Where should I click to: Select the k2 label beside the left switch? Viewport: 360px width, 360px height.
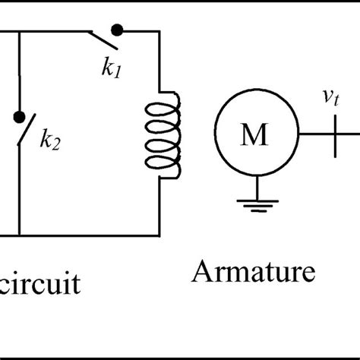click(x=50, y=140)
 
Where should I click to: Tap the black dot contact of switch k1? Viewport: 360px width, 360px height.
click(x=117, y=30)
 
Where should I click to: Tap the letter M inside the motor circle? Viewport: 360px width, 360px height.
click(x=254, y=136)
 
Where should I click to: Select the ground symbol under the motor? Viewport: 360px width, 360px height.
click(x=255, y=201)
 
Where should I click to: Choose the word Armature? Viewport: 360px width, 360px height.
click(x=254, y=272)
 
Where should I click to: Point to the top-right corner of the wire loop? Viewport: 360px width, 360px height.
click(x=159, y=32)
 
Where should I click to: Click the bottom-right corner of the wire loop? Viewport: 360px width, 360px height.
click(x=159, y=234)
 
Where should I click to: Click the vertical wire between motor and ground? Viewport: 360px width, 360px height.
click(x=255, y=182)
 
